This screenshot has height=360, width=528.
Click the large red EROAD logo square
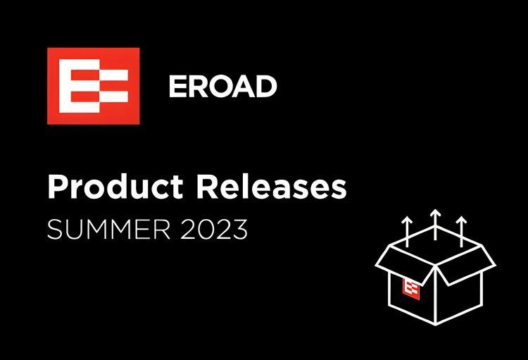click(x=93, y=85)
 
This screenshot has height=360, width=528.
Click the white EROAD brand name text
click(x=222, y=87)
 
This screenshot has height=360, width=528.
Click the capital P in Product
click(x=57, y=187)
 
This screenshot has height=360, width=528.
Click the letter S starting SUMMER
click(x=54, y=230)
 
